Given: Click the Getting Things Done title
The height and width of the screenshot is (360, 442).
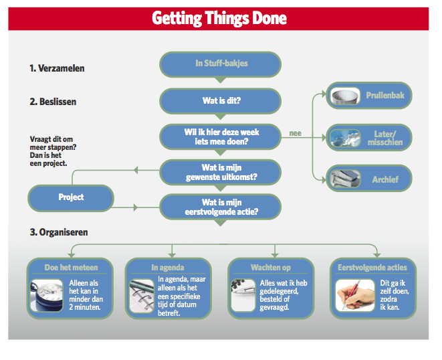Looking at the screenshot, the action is click(x=219, y=18).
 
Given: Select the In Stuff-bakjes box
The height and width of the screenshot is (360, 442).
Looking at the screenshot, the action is click(x=220, y=64).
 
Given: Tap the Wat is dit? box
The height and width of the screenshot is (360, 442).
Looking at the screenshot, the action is click(x=220, y=101).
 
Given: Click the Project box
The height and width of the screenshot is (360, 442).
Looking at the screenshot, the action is click(x=71, y=198).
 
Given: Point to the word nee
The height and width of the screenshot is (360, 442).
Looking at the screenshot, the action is click(x=295, y=133).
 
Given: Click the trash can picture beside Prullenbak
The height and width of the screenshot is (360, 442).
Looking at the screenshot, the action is click(x=345, y=96).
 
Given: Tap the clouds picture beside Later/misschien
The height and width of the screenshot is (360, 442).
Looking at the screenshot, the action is click(x=345, y=138).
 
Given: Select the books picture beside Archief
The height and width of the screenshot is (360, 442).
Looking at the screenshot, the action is click(x=345, y=179).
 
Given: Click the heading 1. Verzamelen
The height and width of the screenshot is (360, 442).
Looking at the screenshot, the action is click(x=57, y=68).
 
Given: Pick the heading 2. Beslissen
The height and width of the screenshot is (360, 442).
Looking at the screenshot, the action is click(x=53, y=102).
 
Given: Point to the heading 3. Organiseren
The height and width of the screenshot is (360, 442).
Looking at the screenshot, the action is click(x=59, y=232).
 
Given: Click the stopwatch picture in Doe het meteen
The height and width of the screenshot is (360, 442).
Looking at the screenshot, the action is click(x=47, y=295).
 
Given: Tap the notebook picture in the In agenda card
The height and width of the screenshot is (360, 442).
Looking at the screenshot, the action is click(x=142, y=296).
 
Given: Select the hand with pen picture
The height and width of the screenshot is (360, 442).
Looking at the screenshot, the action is click(x=355, y=295).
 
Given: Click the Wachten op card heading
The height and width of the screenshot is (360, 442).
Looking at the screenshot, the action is click(x=271, y=268).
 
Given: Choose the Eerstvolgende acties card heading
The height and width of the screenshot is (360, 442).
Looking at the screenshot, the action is click(x=372, y=268).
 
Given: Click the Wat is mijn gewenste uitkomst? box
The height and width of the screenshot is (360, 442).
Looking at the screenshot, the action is click(x=220, y=173).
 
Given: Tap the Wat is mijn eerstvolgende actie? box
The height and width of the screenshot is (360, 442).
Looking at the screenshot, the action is click(x=220, y=207).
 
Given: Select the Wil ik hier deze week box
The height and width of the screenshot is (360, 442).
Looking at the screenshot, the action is click(x=220, y=137).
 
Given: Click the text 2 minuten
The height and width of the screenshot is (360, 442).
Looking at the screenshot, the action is click(x=85, y=307).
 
